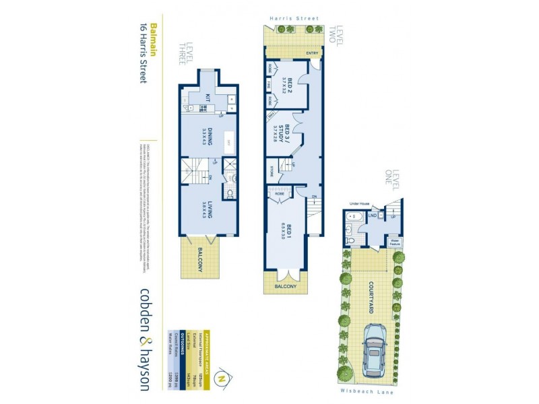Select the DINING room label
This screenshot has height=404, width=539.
pos(208,134)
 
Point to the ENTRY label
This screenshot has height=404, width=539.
pos(312,53)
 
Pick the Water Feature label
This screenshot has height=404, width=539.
pos(395,240)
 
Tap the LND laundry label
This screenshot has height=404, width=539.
pos(373,217)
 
